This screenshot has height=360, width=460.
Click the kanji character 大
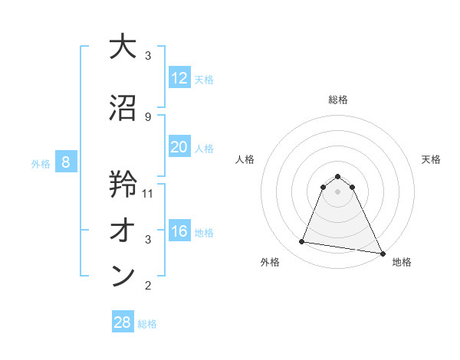123,47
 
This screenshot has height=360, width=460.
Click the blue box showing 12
179,78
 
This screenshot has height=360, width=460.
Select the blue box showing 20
179,147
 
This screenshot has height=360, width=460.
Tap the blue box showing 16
179,231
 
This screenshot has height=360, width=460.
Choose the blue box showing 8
66,162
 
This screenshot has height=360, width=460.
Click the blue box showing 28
123,322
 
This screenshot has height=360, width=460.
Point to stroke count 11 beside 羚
149,194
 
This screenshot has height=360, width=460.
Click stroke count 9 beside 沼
148,116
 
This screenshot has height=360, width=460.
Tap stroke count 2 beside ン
148,286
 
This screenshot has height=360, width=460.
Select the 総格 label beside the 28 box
148,324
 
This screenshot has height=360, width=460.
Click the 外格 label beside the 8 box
41,163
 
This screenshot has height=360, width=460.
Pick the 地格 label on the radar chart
402,262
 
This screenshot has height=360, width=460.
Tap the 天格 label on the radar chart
432,159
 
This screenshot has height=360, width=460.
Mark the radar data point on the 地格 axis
381,254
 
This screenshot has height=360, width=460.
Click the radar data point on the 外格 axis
301,242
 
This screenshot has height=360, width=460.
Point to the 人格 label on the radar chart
245,159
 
